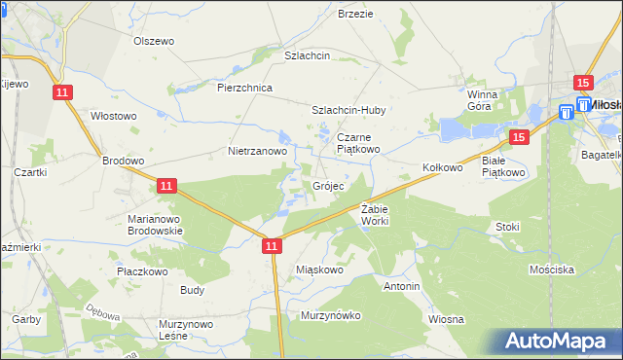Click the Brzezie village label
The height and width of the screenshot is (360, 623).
[355, 14]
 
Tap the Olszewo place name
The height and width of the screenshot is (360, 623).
[153, 41]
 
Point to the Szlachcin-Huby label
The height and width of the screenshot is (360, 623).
[348, 110]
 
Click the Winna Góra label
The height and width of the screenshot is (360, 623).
[482, 100]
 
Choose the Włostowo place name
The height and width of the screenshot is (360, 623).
[114, 116]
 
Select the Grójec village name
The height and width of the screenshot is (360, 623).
[328, 186]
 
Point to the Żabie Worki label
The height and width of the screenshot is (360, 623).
[375, 216]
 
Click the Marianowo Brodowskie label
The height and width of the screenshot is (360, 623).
[158, 226]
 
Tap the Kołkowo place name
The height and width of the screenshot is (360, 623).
[442, 167]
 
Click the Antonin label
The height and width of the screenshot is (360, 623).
[402, 287]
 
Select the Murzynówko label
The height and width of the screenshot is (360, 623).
[331, 315]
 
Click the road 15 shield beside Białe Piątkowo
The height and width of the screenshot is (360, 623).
[519, 138]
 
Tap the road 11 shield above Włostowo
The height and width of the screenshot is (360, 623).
[62, 92]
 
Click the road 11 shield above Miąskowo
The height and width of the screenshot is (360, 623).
[272, 248]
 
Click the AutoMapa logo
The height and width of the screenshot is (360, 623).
[558, 342]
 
